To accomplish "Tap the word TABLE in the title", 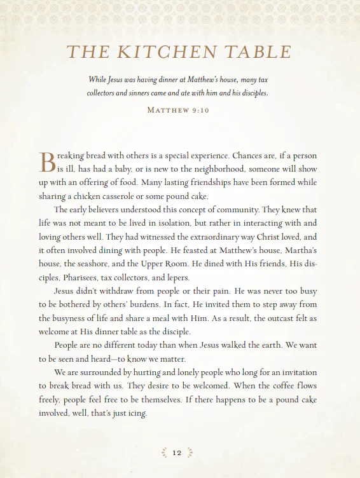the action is tap(259, 52).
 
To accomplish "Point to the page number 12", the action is tap(177, 453).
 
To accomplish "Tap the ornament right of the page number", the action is tap(190, 453).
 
